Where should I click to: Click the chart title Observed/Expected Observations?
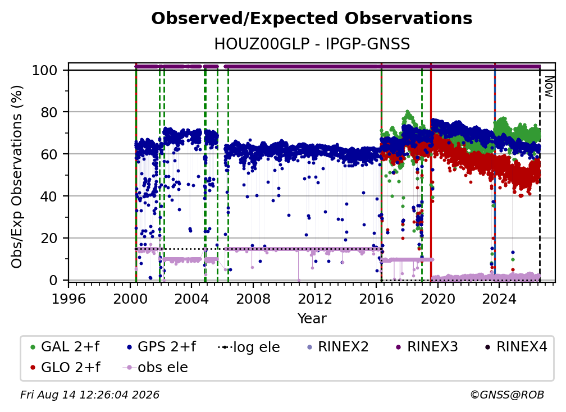pos(312,19)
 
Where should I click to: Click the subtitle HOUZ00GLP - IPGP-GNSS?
pos(312,44)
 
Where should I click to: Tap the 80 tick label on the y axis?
pos(49,112)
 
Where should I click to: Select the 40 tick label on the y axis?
pos(49,196)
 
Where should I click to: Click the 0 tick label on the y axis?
pos(53,280)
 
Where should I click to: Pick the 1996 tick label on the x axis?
pos(69,299)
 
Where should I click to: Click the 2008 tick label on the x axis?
pos(253,299)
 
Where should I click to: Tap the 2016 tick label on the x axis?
pos(376,299)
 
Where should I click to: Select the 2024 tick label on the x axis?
pos(499,299)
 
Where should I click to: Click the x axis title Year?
pos(312,319)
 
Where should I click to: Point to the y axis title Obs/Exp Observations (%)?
pos(17,177)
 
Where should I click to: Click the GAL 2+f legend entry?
pos(65,347)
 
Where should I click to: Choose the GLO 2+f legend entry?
pos(65,367)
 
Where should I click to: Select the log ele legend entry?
pos(249,347)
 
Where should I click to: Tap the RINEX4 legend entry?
pos(516,347)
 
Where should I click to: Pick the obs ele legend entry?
pos(156,367)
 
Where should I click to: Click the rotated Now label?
pos(549,86)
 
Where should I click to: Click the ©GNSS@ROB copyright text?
pos(507,395)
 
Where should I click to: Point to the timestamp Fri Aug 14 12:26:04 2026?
pos(90,395)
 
